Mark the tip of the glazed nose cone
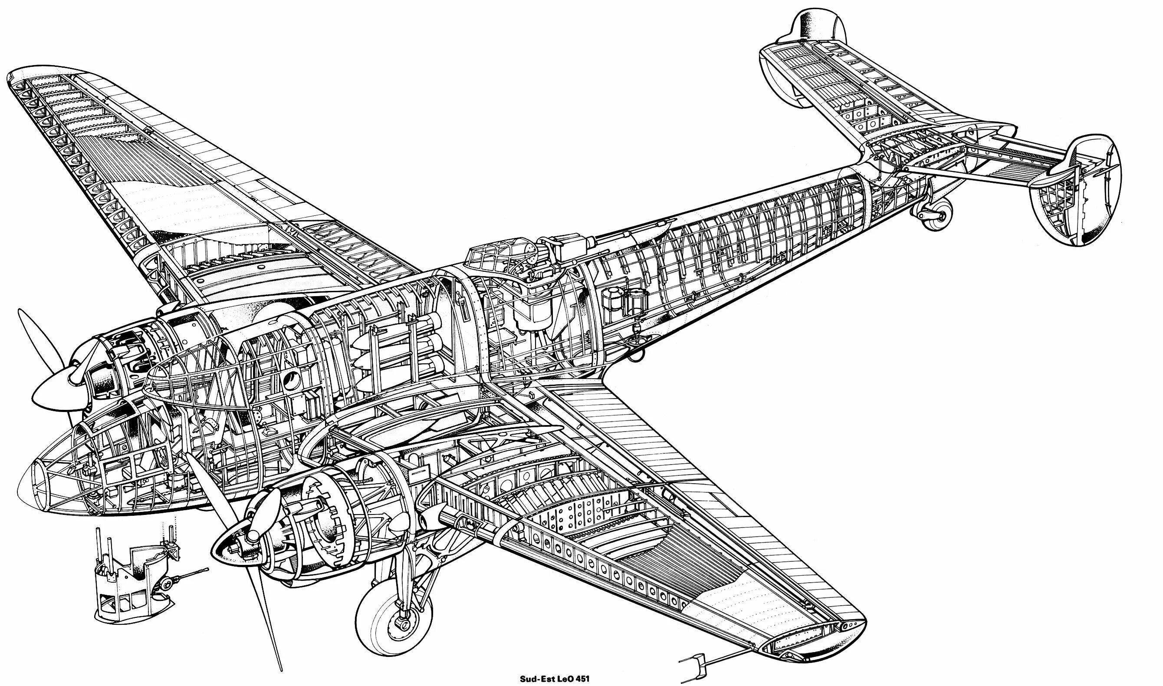pyautogui.click(x=23, y=486)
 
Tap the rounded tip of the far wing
pyautogui.click(x=28, y=76)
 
